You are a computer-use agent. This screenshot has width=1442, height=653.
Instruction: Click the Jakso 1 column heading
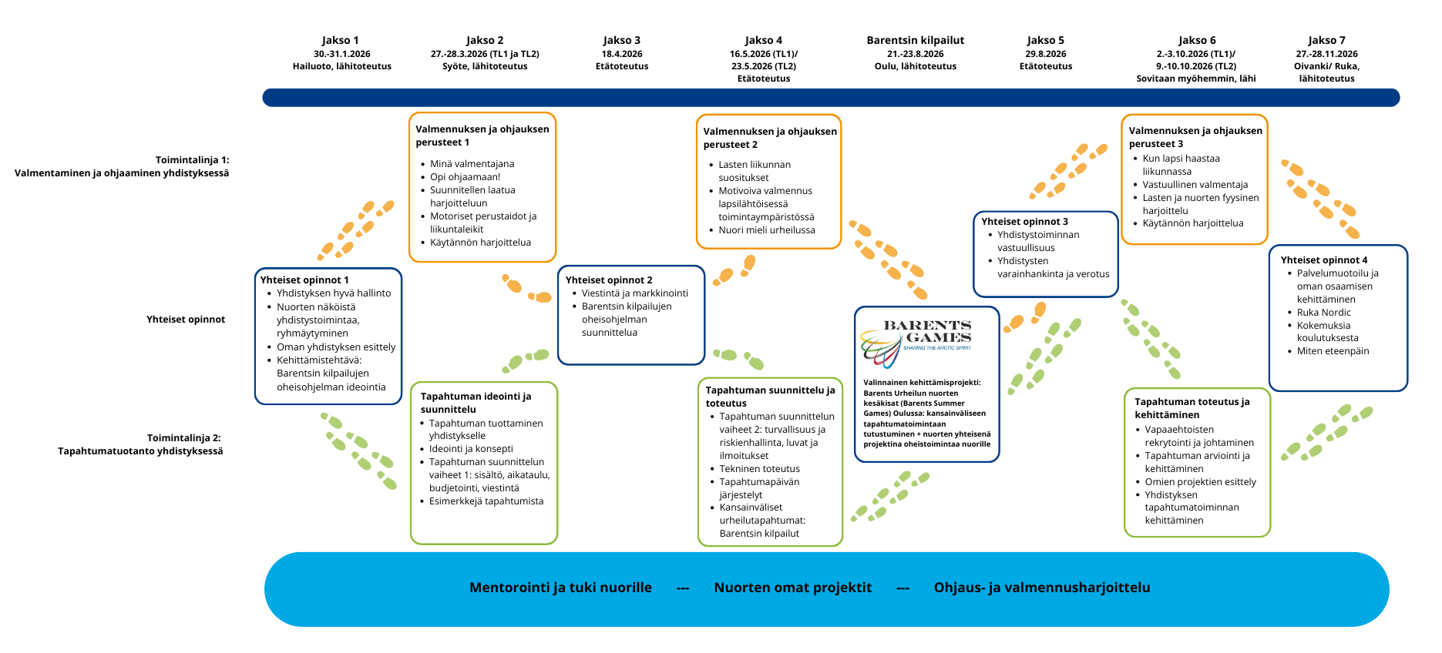340,40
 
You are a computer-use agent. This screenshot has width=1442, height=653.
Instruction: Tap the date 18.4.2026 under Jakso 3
622,54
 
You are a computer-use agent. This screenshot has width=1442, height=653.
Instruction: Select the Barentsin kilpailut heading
915,40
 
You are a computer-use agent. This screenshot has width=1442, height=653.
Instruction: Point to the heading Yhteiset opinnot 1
304,280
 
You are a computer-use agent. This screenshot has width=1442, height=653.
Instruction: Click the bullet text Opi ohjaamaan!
465,177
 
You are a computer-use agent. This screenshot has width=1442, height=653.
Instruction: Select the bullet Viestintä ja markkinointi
634,293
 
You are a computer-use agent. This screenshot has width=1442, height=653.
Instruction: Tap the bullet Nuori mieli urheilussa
766,230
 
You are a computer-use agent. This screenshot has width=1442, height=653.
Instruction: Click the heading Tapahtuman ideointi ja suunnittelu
476,403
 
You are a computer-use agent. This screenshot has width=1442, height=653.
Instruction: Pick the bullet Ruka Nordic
1323,313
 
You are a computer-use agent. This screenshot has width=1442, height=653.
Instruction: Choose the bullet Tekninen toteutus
759,469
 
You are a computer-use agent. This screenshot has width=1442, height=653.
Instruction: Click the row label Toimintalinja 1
192,160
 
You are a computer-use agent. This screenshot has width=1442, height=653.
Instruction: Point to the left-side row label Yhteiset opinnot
186,320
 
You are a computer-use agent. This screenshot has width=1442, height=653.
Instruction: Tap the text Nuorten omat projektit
792,588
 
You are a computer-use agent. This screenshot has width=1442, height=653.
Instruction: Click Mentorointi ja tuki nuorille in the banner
560,588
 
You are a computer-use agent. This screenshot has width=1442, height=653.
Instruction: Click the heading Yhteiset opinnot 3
1024,222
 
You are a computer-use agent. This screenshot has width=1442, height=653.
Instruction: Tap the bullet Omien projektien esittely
1200,482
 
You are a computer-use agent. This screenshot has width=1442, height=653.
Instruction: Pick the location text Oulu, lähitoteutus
915,66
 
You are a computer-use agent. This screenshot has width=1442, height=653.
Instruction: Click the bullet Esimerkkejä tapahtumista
486,501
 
